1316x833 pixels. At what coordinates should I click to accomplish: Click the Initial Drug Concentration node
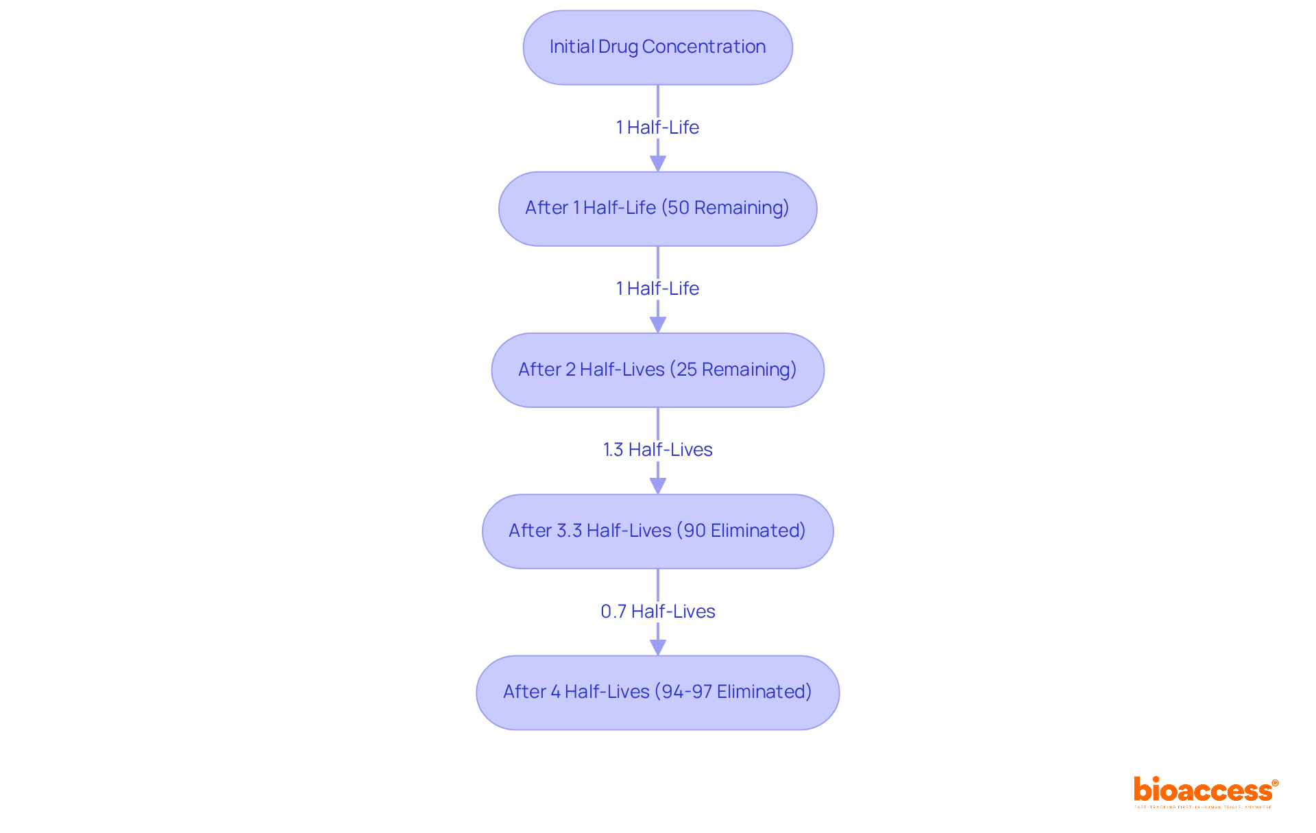(x=657, y=47)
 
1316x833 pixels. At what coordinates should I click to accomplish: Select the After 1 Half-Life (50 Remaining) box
(x=657, y=208)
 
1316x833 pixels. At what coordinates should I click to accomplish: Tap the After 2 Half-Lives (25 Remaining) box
(x=657, y=370)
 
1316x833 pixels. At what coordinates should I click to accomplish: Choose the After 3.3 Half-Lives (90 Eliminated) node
(x=657, y=531)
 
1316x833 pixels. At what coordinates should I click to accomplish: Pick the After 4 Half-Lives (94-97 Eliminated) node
(x=657, y=692)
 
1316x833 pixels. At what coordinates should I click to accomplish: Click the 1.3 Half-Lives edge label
(x=657, y=450)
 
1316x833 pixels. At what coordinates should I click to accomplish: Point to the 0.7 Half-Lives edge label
(x=657, y=612)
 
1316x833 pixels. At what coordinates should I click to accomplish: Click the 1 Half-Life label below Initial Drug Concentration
(x=657, y=128)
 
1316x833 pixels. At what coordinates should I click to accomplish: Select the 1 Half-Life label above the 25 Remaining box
(x=657, y=289)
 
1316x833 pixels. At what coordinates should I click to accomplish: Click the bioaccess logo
(x=1205, y=791)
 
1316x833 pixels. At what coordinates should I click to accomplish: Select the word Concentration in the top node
(x=704, y=47)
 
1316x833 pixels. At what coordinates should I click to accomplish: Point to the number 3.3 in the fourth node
(x=569, y=531)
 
